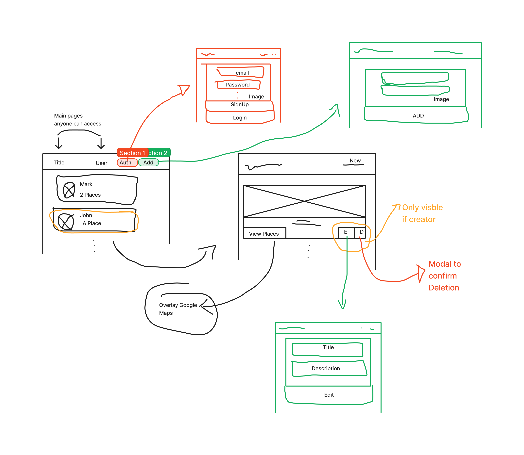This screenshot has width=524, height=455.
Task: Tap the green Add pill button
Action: coord(148,162)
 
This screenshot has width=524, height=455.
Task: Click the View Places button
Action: coord(264,234)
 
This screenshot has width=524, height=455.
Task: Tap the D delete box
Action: coord(361,232)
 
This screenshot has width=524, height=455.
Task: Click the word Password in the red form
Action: coord(238,85)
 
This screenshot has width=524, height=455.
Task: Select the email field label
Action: coord(242,73)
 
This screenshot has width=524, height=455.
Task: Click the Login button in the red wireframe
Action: coord(240,118)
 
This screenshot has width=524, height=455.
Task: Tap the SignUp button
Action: coord(240,105)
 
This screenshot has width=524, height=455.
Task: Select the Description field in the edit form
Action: coord(326,368)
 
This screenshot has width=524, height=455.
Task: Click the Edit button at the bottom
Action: coord(329,395)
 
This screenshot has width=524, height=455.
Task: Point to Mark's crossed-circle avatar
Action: coord(69,190)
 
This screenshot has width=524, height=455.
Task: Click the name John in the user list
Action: coord(86,215)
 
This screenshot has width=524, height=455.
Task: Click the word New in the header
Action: coord(355,161)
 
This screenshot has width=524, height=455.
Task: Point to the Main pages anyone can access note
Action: coord(77,120)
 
